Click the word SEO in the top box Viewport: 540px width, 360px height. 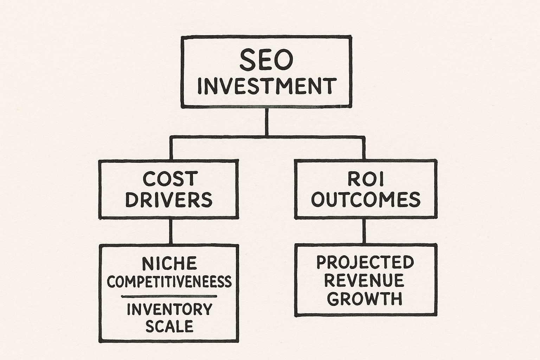click(x=266, y=60)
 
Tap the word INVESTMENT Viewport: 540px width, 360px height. click(x=266, y=86)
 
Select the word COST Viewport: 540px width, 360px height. click(x=169, y=179)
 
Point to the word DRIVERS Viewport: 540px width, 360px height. click(x=169, y=200)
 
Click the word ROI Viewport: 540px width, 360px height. click(x=366, y=179)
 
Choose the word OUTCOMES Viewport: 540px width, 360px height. click(x=366, y=200)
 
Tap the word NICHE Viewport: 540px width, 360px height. click(x=169, y=263)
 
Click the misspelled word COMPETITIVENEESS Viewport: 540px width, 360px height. click(x=169, y=282)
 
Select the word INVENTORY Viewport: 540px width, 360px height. click(x=169, y=309)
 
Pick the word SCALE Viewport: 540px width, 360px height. click(x=169, y=326)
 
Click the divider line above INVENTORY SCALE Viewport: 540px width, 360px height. click(x=169, y=296)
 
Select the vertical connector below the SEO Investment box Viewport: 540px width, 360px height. click(x=266, y=121)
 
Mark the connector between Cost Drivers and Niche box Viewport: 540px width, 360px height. click(x=171, y=231)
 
